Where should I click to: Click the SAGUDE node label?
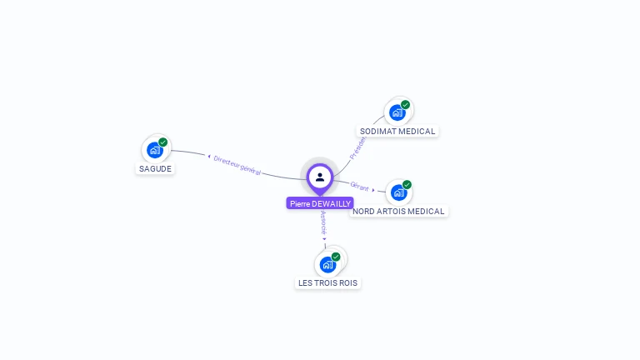click(155, 168)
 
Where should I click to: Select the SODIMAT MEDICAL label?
click(397, 131)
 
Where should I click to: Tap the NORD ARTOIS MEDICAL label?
click(398, 211)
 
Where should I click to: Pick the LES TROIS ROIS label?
click(327, 283)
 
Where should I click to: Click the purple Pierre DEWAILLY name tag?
click(320, 203)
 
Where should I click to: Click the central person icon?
click(320, 177)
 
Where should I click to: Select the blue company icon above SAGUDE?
click(154, 150)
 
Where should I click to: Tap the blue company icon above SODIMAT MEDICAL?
click(397, 112)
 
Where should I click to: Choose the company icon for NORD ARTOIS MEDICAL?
click(398, 192)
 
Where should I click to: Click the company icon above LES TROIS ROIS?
click(327, 264)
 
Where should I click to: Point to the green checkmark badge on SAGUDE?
click(163, 142)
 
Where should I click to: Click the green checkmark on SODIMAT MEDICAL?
click(405, 105)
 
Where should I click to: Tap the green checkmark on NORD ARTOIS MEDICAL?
click(407, 185)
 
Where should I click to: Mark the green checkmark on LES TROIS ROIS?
click(336, 257)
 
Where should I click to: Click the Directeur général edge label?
click(237, 164)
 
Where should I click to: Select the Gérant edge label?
click(360, 187)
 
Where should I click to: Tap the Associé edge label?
click(324, 222)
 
